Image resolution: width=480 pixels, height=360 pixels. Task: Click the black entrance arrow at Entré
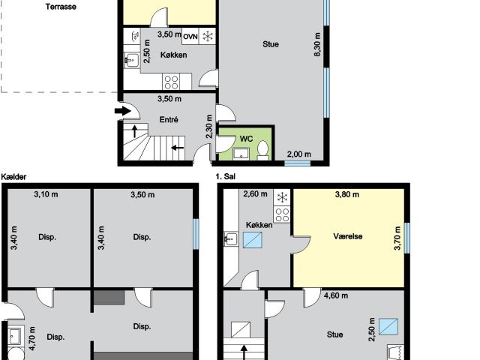tap(121, 112)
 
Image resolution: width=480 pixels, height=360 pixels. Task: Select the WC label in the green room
tap(246, 139)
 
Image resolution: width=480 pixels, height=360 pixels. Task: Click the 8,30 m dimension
tap(318, 44)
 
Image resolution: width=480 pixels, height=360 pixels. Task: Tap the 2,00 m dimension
tap(298, 154)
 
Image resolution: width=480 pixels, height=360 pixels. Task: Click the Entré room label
tap(168, 118)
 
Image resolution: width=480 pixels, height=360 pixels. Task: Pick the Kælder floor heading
tap(15, 177)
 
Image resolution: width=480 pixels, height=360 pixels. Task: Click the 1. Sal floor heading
tap(226, 177)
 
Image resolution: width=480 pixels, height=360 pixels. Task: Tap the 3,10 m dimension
tap(46, 195)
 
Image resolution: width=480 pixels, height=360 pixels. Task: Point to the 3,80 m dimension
tap(346, 195)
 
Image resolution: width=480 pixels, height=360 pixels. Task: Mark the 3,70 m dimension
tap(397, 237)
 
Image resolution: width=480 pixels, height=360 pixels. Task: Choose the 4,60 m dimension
tap(335, 295)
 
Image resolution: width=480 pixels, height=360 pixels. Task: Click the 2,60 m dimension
tap(255, 195)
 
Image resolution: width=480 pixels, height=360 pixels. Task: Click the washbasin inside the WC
tap(241, 154)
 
